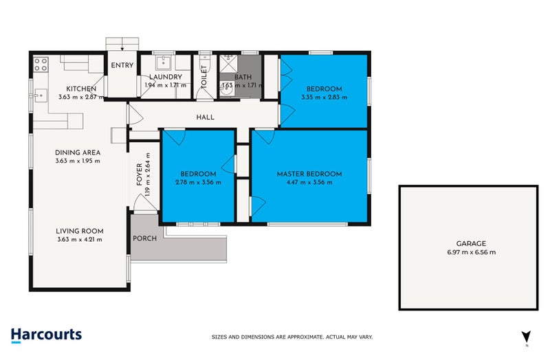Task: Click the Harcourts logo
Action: [x=47, y=335]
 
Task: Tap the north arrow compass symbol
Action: [x=526, y=337]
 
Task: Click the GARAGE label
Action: [x=470, y=243]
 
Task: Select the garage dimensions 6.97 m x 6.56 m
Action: [x=470, y=252]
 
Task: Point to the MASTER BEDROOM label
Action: [x=309, y=174]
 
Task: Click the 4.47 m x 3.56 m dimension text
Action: [x=309, y=183]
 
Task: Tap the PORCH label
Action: [x=145, y=238]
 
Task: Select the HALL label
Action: [x=205, y=117]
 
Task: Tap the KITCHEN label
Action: [x=80, y=89]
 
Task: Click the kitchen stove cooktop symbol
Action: [x=40, y=65]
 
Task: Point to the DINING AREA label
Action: [x=78, y=153]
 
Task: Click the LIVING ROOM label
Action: [x=80, y=231]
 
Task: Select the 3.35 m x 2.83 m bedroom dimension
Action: [x=324, y=98]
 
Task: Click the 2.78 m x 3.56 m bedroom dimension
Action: [x=199, y=183]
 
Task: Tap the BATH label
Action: [x=243, y=77]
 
